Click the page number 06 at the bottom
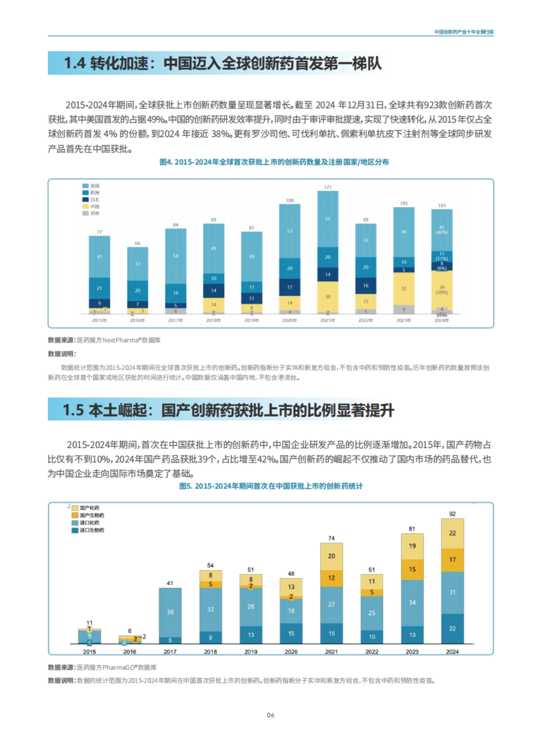[270, 715]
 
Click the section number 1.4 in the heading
[75, 63]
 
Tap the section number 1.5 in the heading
[73, 410]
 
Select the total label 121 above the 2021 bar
[327, 186]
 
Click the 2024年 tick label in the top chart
[441, 320]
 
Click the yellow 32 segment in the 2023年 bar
[403, 289]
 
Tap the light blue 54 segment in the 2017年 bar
[175, 256]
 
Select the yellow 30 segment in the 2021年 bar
[327, 297]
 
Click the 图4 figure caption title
[274, 162]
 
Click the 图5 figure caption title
[271, 486]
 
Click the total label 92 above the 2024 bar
[452, 514]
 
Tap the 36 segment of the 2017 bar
[170, 612]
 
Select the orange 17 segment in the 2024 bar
[452, 559]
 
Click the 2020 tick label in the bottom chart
[291, 652]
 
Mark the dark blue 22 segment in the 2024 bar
[452, 628]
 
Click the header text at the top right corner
[463, 32]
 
